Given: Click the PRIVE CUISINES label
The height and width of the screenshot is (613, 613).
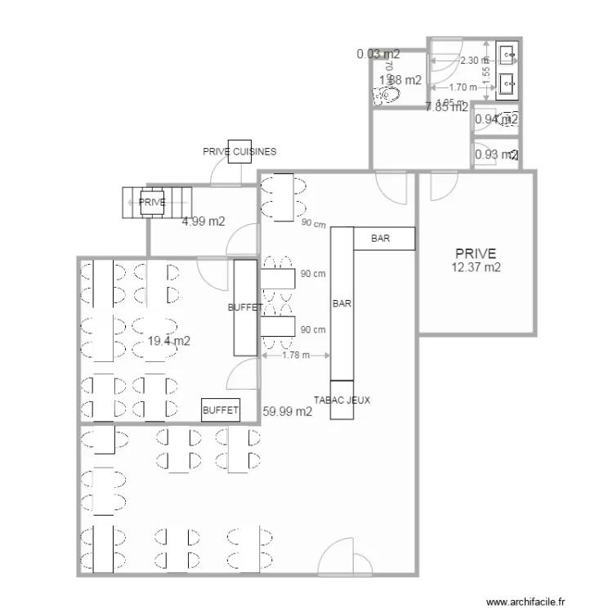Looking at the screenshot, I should point(239,151).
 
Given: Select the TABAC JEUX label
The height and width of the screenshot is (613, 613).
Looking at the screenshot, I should point(342,400).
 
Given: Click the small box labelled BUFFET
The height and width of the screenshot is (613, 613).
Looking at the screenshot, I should point(221,409).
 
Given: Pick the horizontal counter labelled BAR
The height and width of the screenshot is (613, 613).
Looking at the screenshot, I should point(384,239).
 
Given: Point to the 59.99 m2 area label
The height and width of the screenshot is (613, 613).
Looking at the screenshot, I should point(288,412).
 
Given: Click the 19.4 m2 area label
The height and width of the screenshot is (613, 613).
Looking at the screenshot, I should point(169,341).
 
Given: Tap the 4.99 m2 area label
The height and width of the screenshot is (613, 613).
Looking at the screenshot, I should point(204,221).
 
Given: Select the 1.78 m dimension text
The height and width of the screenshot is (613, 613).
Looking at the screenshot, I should point(295,355).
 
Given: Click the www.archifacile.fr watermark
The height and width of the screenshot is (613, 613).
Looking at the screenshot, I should point(526,601).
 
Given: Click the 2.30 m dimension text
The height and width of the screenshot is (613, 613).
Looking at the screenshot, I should point(474,60).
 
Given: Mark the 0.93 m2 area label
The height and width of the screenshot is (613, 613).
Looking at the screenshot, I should point(496,154).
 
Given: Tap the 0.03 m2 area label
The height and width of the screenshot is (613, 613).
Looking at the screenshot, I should point(378,55).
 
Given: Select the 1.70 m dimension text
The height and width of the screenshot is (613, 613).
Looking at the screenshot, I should point(463,87).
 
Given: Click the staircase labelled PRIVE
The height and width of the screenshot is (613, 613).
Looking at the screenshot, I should point(157,202).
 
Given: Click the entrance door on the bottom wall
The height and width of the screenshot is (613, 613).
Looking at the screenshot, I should point(341,560).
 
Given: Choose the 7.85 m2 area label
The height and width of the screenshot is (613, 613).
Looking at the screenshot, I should point(446,106).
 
